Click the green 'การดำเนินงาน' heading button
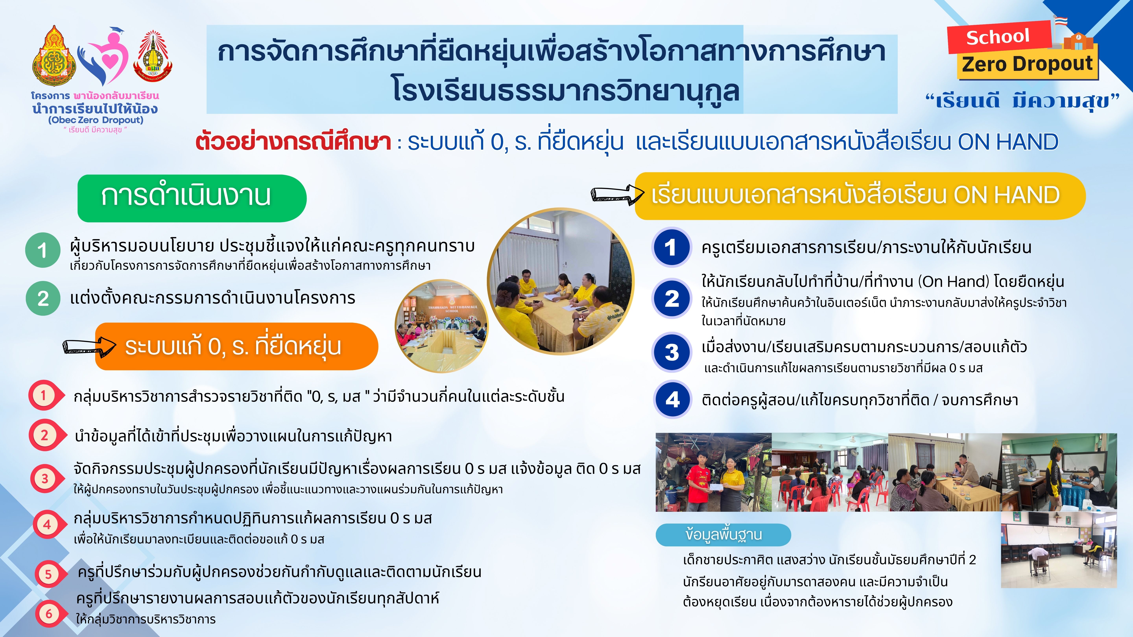coord(192,198)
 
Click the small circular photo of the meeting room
coord(442,326)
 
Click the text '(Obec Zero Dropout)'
coord(96,120)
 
